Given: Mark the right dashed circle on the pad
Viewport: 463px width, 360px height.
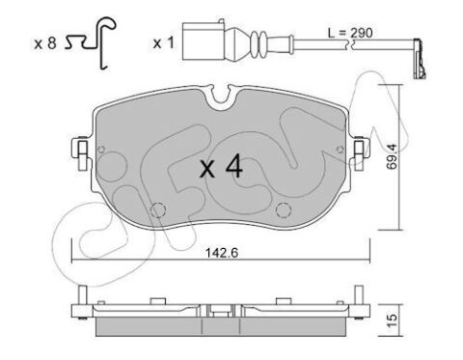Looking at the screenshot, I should pos(284,210).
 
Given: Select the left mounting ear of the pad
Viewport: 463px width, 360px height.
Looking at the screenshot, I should pos(81,149).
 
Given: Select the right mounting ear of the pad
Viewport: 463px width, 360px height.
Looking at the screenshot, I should pos(361,149).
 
